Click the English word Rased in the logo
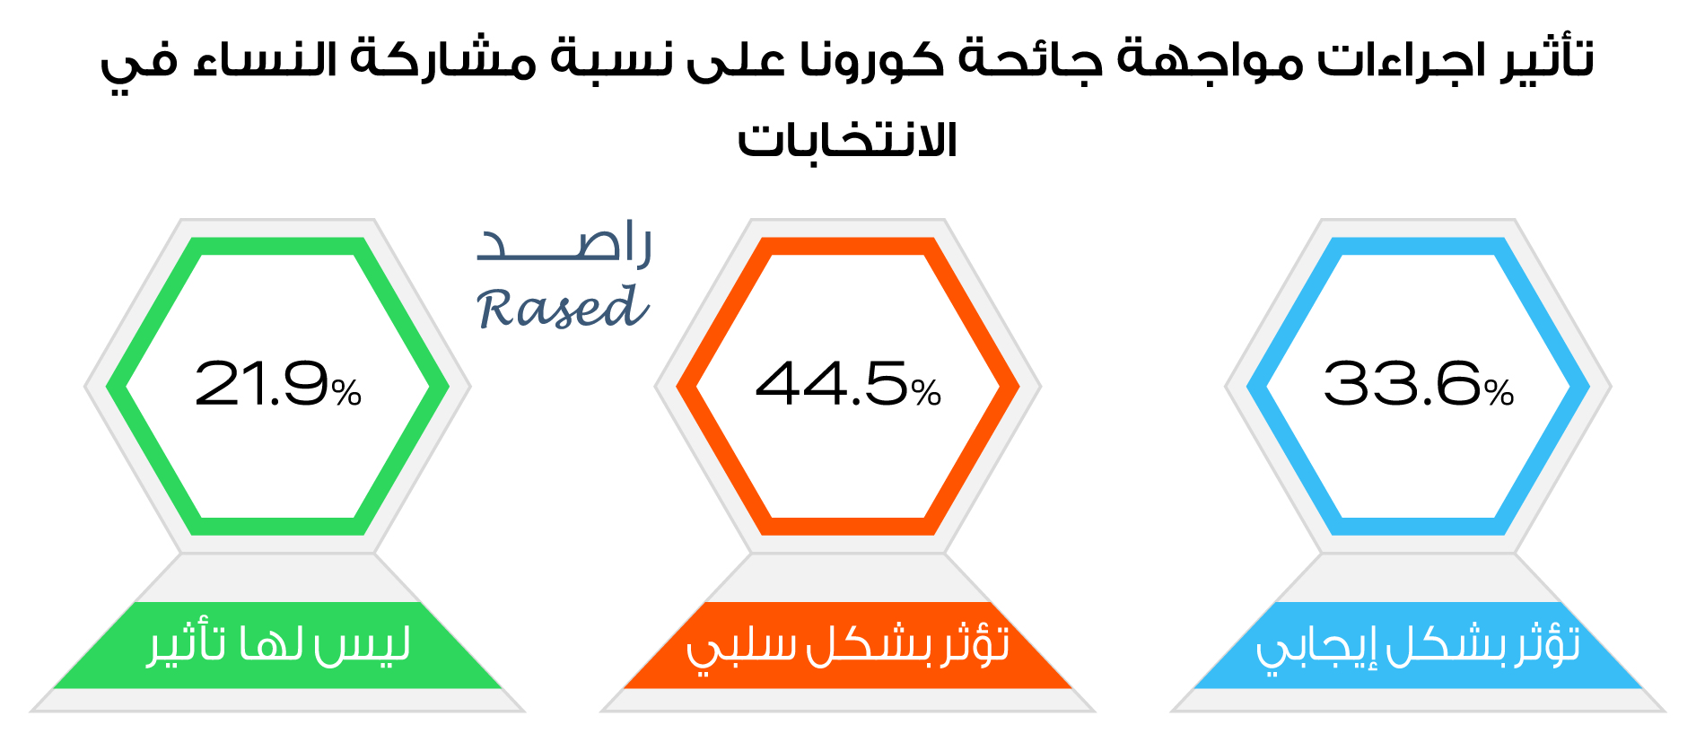tap(563, 308)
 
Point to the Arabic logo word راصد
tap(564, 243)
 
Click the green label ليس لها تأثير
tap(279, 645)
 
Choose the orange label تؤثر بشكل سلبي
tap(848, 645)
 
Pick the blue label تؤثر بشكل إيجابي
tap(1418, 645)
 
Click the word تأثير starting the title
tap(1547, 59)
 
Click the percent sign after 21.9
tap(346, 393)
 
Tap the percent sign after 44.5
tap(926, 393)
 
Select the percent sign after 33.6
tap(1499, 393)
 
